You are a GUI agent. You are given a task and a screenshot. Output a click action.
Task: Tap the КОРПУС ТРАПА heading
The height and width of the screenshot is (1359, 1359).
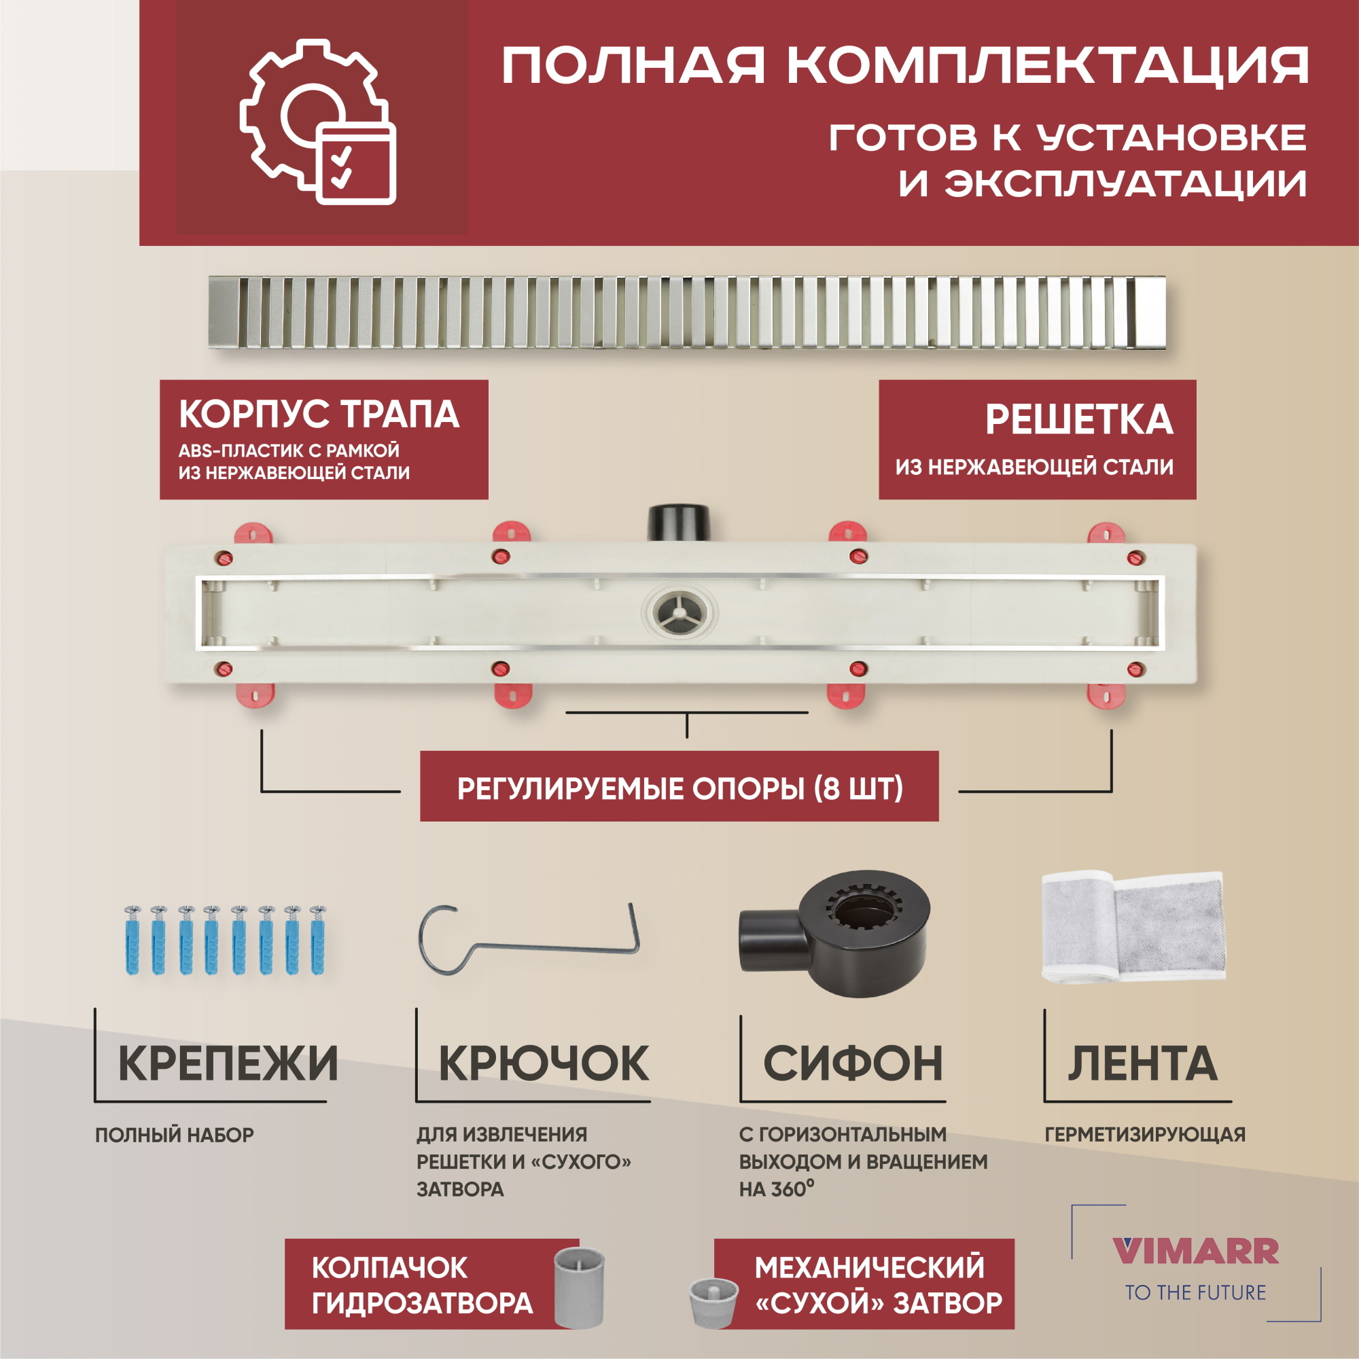tap(319, 414)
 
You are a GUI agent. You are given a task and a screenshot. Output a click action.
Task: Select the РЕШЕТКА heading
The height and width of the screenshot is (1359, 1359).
tap(1078, 420)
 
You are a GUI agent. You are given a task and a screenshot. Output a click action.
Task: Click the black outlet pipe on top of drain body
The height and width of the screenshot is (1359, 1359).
tap(679, 522)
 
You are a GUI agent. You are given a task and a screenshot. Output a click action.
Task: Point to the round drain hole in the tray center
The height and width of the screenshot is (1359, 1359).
tap(679, 613)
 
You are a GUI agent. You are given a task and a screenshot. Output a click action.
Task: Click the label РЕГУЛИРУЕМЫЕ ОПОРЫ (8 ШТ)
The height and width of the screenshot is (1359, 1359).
tap(679, 788)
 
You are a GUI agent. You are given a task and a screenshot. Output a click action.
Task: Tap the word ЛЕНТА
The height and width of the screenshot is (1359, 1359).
tap(1142, 1063)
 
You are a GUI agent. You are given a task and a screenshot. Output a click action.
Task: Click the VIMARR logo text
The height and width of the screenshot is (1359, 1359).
tap(1195, 1252)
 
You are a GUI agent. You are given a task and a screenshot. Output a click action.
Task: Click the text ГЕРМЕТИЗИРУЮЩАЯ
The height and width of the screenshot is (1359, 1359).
tap(1144, 1135)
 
